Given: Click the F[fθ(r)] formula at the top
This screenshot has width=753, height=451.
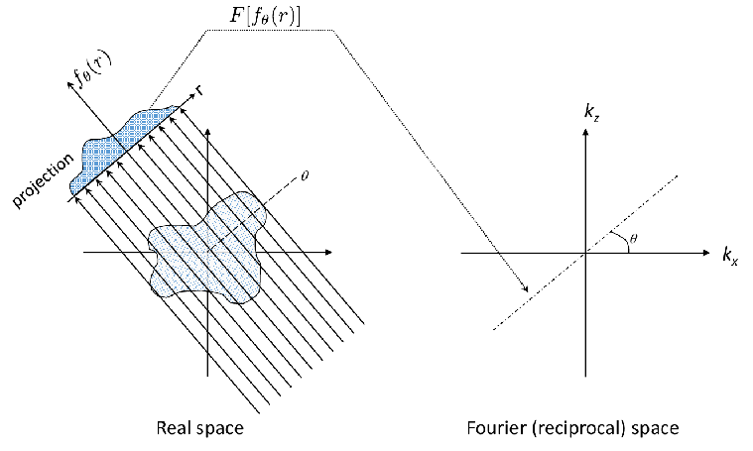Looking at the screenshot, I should coord(270,16).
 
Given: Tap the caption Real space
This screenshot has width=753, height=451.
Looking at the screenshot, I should coord(200,428).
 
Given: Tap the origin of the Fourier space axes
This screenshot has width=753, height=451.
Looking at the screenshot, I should coord(586,254).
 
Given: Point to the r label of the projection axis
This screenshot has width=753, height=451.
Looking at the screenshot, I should coord(200,90).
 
